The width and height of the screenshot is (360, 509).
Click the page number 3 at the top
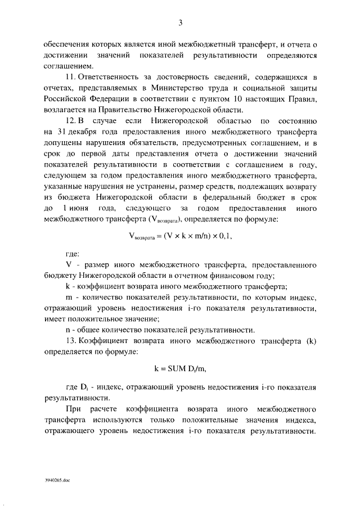coord(181,22)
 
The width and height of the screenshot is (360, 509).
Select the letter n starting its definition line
coord(68,330)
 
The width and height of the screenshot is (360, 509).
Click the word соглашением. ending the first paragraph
coord(64,66)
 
